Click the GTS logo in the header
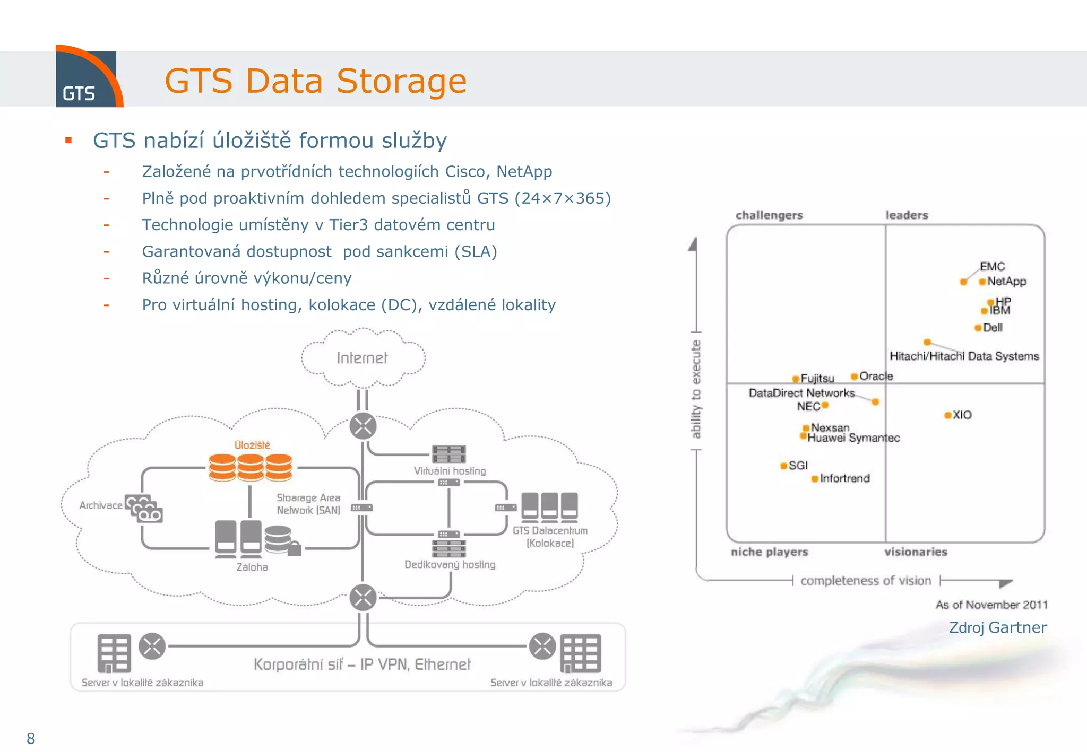(88, 78)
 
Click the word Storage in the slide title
(401, 81)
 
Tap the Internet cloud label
(362, 358)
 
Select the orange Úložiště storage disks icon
(250, 467)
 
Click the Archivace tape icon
(144, 509)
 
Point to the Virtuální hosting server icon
(449, 454)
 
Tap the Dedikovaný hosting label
(450, 564)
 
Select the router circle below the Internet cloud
(363, 426)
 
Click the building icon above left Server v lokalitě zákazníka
(114, 653)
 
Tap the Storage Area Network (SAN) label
(308, 504)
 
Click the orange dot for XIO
(947, 415)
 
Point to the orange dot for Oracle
(854, 377)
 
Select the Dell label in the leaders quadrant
(993, 328)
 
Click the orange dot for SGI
(783, 466)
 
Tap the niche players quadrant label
(769, 552)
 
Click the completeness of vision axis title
(866, 581)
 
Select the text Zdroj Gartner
(997, 627)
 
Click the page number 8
(31, 738)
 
